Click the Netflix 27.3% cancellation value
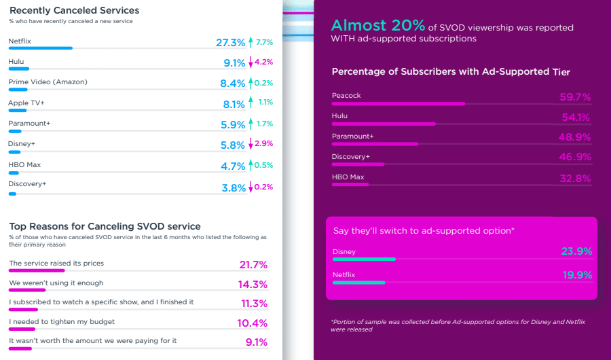[x=230, y=43]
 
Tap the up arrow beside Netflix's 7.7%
[x=251, y=42]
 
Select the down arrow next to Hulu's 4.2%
[x=251, y=62]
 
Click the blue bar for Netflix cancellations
[x=40, y=48]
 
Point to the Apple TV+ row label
[x=26, y=103]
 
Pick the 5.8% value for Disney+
[x=233, y=145]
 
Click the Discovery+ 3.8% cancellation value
[x=233, y=188]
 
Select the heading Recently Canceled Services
[x=74, y=10]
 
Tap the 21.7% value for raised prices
[x=253, y=264]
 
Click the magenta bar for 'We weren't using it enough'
[x=27, y=290]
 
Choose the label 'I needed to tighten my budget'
[x=62, y=321]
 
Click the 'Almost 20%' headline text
[x=377, y=26]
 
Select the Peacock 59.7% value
[x=575, y=97]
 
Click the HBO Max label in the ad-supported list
[x=348, y=177]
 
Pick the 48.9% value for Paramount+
[x=575, y=138]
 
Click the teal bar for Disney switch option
[x=364, y=259]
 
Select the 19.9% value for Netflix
[x=576, y=275]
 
